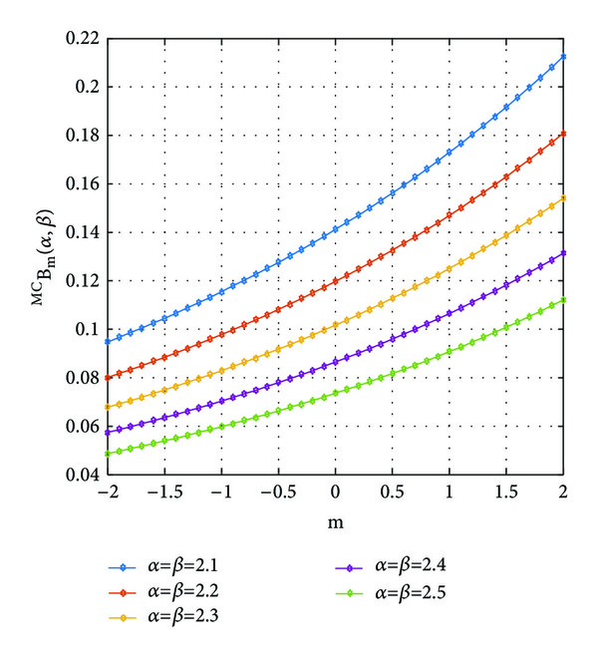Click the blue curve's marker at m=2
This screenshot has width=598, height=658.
coord(564,56)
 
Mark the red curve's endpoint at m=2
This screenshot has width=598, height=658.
coord(564,133)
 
